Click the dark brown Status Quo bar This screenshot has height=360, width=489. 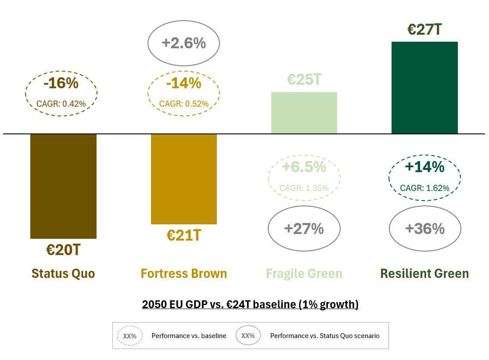[63, 186]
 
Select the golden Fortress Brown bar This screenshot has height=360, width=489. [183, 179]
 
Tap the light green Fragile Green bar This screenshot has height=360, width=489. [304, 113]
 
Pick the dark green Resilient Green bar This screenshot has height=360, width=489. [424, 87]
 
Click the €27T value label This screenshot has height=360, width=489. [424, 29]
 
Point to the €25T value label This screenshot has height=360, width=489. [304, 80]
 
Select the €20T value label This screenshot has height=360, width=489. [63, 250]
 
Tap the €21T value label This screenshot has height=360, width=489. [183, 235]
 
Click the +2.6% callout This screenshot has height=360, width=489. [183, 43]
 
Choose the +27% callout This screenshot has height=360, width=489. [304, 229]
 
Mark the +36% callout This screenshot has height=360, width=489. [424, 229]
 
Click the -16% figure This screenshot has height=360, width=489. [61, 83]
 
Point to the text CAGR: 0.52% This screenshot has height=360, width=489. [183, 104]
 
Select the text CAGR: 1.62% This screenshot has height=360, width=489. [424, 188]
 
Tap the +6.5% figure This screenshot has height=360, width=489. [304, 167]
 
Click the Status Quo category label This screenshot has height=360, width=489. [63, 274]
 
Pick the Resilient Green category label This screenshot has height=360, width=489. [424, 274]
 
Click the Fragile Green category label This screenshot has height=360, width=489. [304, 274]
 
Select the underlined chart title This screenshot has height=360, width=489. [250, 304]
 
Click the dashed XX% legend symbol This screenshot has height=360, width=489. [130, 336]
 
